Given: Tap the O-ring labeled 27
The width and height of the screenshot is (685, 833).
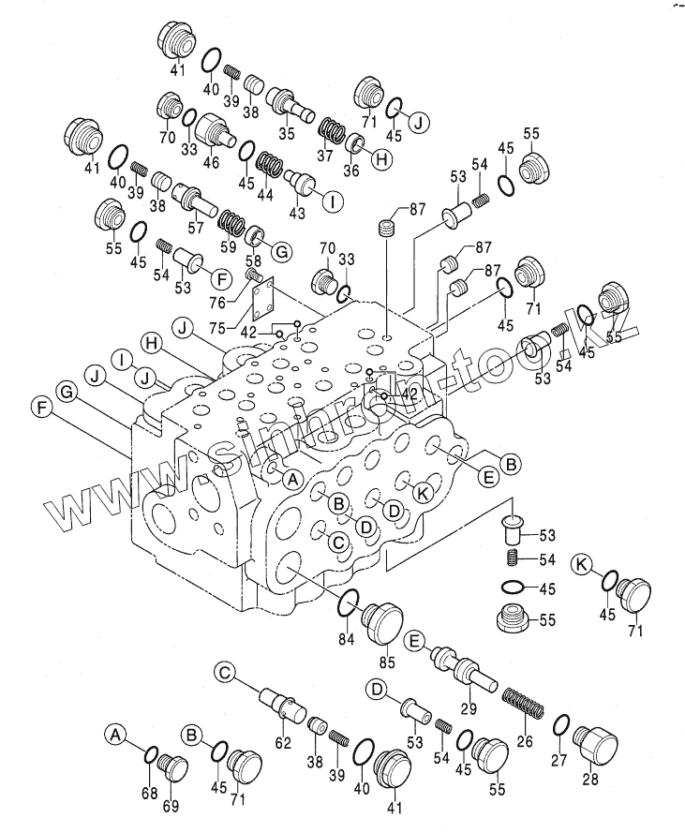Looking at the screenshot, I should [x=560, y=724].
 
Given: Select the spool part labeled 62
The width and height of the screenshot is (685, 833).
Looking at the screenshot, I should [x=282, y=703].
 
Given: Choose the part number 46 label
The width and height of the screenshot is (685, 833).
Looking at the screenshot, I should [x=211, y=162].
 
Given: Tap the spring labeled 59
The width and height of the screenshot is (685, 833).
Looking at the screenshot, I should [x=231, y=222].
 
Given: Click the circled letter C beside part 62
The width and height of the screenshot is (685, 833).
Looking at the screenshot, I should [x=223, y=672].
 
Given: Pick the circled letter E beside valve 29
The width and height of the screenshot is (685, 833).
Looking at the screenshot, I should [x=413, y=642].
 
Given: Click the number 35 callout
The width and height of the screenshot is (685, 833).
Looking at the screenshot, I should [x=285, y=134].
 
